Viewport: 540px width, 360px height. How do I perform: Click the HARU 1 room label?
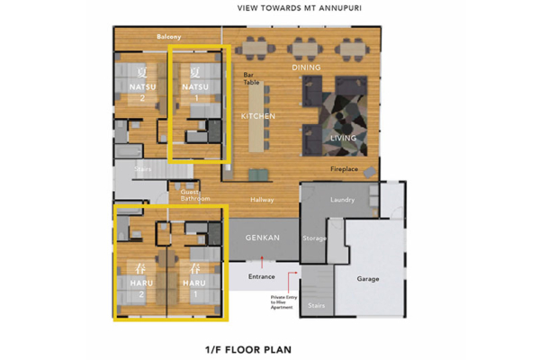tap(195, 283)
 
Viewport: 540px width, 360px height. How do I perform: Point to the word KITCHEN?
tap(257, 117)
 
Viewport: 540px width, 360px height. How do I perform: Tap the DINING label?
tap(306, 68)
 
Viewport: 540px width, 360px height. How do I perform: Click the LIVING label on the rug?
tap(344, 138)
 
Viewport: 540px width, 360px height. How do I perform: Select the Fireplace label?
tap(345, 169)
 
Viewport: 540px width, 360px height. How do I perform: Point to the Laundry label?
tap(343, 200)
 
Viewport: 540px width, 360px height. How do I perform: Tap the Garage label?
tap(367, 279)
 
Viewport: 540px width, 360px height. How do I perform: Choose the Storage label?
tap(315, 238)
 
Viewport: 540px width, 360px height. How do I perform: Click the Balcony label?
tap(169, 37)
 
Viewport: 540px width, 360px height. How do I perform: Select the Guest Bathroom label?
tap(195, 195)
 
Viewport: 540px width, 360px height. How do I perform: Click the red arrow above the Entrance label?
tap(261, 260)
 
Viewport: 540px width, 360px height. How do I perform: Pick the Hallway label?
tap(262, 200)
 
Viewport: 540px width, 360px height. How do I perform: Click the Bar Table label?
tap(253, 79)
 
